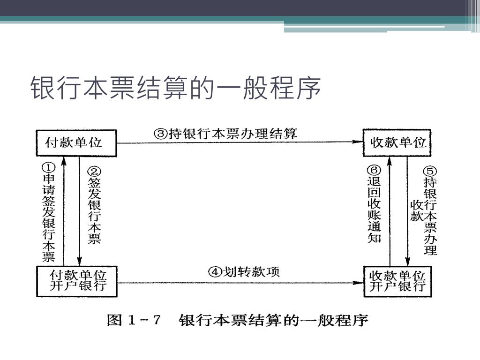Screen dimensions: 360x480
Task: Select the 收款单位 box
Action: (397, 142)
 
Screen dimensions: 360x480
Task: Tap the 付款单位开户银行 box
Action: (77, 281)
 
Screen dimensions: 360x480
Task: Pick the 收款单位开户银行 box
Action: (397, 281)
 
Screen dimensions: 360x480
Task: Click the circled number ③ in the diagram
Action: (161, 134)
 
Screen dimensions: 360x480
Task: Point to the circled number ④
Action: (215, 272)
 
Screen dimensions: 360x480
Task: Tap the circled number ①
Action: (49, 167)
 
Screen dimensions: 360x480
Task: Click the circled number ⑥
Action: (374, 171)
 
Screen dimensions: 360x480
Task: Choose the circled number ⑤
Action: (430, 171)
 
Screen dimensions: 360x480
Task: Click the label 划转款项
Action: (251, 272)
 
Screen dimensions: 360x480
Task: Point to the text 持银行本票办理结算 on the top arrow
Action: (232, 134)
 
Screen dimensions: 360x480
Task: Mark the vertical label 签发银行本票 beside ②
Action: (95, 211)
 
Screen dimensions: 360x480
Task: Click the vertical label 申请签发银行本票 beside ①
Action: (49, 218)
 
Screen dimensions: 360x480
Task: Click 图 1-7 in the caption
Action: (134, 321)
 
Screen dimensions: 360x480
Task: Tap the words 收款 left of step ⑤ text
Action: (417, 210)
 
